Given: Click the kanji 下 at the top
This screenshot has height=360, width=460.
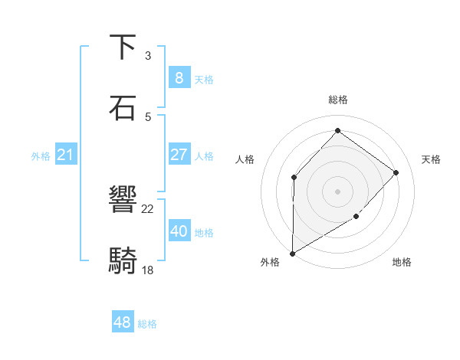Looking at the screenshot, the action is (123, 47).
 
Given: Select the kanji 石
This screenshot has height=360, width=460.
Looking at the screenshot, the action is (123, 108).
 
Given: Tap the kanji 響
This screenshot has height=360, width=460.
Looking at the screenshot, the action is (123, 201).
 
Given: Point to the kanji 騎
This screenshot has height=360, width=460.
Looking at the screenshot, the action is (123, 261).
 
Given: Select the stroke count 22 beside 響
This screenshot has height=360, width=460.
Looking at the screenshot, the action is (148, 209).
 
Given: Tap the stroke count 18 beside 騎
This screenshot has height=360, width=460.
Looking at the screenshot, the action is (148, 270).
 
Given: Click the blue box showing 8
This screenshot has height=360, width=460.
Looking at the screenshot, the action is (179, 77).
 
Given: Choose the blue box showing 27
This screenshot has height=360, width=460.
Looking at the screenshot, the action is (179, 155).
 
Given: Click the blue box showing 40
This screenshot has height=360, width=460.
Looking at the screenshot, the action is (179, 231).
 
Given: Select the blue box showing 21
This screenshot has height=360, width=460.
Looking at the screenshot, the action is (66, 155).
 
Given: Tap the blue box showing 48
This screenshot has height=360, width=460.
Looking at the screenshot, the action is (123, 322).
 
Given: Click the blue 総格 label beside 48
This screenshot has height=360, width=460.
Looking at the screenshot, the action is (147, 324).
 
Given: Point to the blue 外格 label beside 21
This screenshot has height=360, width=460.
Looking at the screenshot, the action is (41, 156).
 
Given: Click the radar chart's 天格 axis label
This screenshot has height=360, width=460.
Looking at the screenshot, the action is (431, 159).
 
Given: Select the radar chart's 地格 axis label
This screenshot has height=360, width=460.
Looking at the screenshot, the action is (402, 263).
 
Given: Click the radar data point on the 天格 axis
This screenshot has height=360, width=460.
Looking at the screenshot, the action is (396, 172).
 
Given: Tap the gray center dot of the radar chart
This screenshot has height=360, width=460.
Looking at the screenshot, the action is (337, 191).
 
